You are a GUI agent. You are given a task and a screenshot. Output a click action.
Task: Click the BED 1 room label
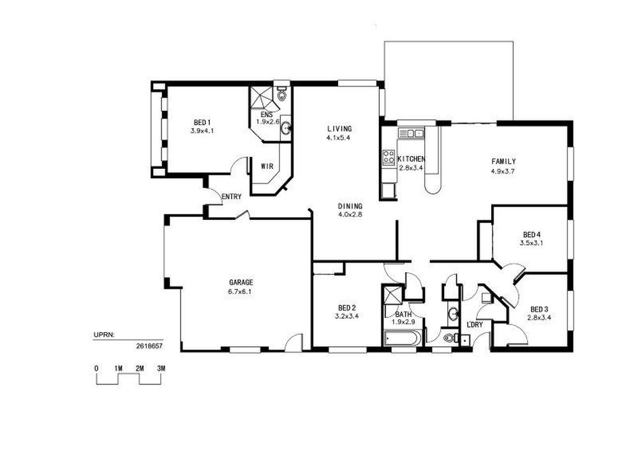(x=202, y=122)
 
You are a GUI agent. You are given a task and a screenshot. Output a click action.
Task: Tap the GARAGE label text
(x=241, y=282)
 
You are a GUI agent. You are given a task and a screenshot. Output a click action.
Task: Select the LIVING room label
(x=339, y=129)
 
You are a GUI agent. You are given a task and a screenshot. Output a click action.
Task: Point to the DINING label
(x=350, y=206)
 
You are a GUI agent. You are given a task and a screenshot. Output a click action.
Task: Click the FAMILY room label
(x=503, y=162)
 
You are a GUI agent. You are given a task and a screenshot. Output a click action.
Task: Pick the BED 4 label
(x=532, y=235)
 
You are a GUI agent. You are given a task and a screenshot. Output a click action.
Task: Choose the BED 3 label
(x=540, y=309)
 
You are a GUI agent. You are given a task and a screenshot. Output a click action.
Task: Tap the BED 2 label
(x=347, y=308)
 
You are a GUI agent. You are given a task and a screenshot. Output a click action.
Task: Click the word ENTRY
(x=232, y=197)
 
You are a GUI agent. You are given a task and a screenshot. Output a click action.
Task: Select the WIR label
(x=267, y=166)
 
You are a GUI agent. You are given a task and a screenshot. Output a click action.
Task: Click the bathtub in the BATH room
(x=401, y=338)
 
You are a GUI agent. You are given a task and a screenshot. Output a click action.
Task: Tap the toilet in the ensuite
(x=281, y=94)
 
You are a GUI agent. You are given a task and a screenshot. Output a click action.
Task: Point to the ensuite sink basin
(x=286, y=129)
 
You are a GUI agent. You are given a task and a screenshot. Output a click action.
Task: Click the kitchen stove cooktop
(x=388, y=157)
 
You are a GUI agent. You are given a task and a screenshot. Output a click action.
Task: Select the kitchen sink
(x=412, y=133)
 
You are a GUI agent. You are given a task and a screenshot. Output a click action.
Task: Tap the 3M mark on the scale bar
(x=161, y=368)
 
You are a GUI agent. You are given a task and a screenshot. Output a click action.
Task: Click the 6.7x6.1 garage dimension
(x=241, y=291)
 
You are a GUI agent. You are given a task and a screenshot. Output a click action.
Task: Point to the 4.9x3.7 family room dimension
(x=503, y=171)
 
